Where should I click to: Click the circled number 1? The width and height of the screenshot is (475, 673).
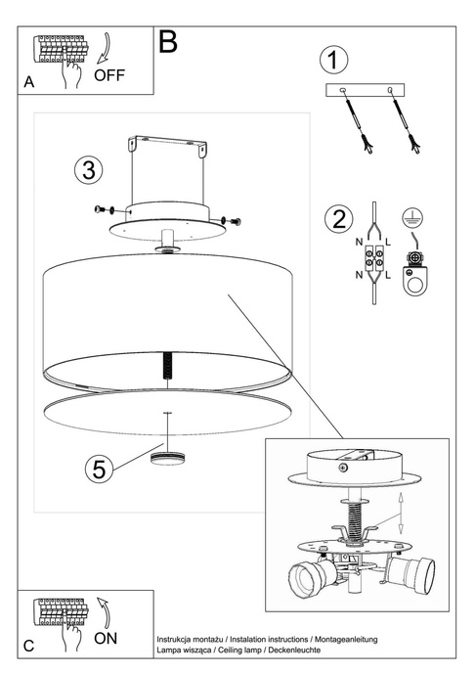(335, 60)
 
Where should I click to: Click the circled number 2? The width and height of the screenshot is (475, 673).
(338, 218)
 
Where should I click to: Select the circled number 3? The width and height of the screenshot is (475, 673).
(88, 169)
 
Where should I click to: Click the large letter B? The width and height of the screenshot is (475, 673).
(168, 42)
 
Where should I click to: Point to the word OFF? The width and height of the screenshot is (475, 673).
(110, 74)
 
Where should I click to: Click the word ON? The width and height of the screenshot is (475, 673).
(107, 638)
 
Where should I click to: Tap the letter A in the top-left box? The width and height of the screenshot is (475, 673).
(29, 84)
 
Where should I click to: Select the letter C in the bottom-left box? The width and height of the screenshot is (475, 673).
(29, 647)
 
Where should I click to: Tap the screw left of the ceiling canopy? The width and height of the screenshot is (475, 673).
(99, 208)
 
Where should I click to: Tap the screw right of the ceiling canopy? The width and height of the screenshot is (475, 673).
(232, 220)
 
